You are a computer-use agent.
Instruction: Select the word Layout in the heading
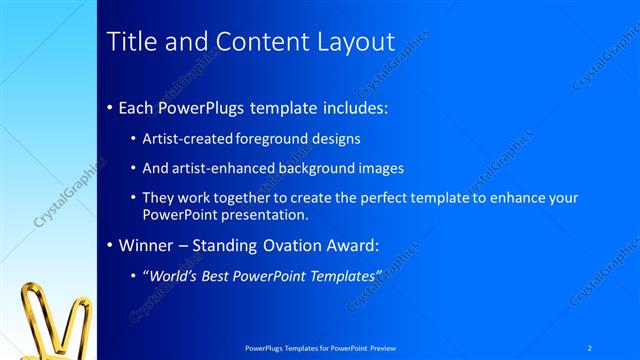[349, 42]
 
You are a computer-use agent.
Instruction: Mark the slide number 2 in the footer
[589, 347]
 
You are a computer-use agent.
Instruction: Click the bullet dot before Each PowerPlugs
[109, 107]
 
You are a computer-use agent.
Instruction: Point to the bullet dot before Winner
[109, 243]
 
